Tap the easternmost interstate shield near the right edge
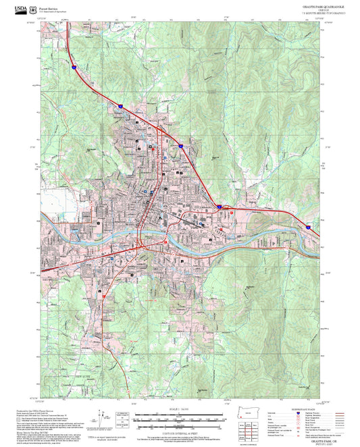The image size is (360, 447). click(x=307, y=228)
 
